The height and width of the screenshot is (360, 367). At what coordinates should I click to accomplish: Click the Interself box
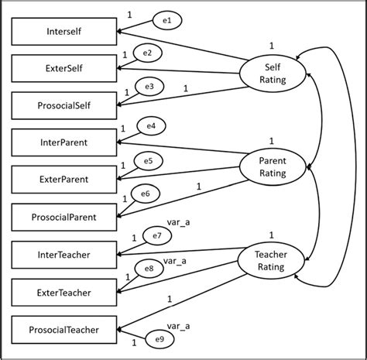[64, 32]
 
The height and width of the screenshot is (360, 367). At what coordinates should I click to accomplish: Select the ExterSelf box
[64, 68]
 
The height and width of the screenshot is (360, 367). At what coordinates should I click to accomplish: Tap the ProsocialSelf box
[64, 105]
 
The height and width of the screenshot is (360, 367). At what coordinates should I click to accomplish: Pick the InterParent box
[64, 142]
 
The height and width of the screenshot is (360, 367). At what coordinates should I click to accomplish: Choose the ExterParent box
[64, 179]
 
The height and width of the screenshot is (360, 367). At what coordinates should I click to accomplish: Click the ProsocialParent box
[64, 216]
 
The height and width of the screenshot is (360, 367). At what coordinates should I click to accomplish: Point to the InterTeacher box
[64, 254]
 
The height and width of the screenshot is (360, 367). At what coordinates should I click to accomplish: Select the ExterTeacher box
[64, 292]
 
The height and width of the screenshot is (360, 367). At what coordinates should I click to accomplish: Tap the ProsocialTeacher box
[64, 329]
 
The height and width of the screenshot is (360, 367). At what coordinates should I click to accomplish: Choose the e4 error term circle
[151, 125]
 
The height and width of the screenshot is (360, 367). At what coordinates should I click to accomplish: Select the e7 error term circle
[156, 235]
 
